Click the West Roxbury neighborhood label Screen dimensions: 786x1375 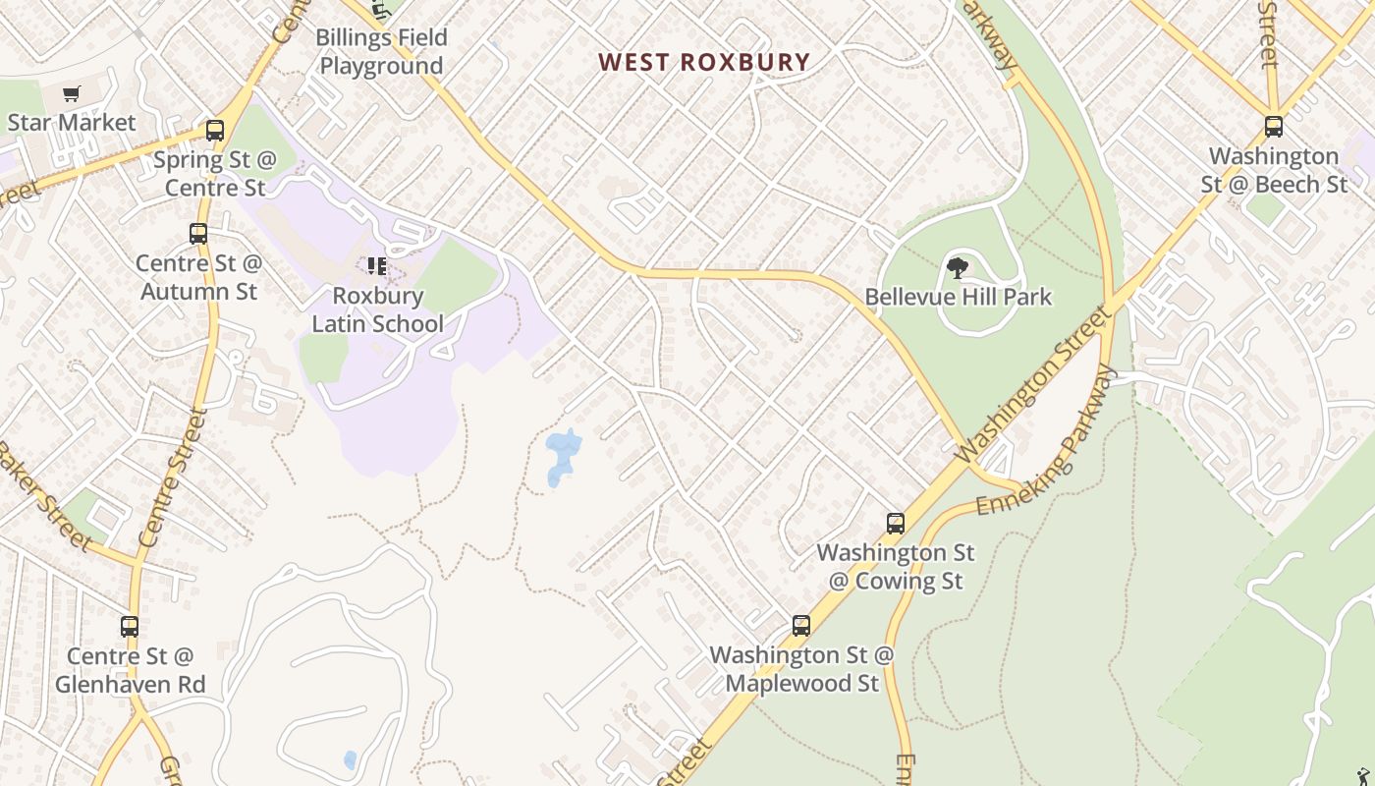(x=704, y=63)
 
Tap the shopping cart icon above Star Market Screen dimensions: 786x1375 (x=71, y=94)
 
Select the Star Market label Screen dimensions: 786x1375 (x=71, y=123)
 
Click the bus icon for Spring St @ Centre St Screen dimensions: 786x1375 (x=214, y=130)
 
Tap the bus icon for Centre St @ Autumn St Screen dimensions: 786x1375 (x=198, y=234)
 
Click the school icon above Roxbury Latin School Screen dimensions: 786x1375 (x=376, y=266)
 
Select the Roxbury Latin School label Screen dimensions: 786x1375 (x=377, y=309)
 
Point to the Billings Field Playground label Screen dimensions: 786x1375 (x=381, y=52)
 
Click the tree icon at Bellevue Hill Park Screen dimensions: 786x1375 (x=958, y=267)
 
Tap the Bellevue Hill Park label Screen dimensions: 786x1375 (x=958, y=297)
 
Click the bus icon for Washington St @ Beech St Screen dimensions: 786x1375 (x=1274, y=127)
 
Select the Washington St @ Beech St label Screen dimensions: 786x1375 (x=1274, y=170)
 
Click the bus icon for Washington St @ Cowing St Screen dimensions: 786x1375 (x=896, y=524)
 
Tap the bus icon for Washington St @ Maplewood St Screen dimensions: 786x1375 (x=801, y=626)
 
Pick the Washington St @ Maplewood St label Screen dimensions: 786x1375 (x=801, y=668)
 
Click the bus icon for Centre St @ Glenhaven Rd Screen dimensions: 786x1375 (x=130, y=627)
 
